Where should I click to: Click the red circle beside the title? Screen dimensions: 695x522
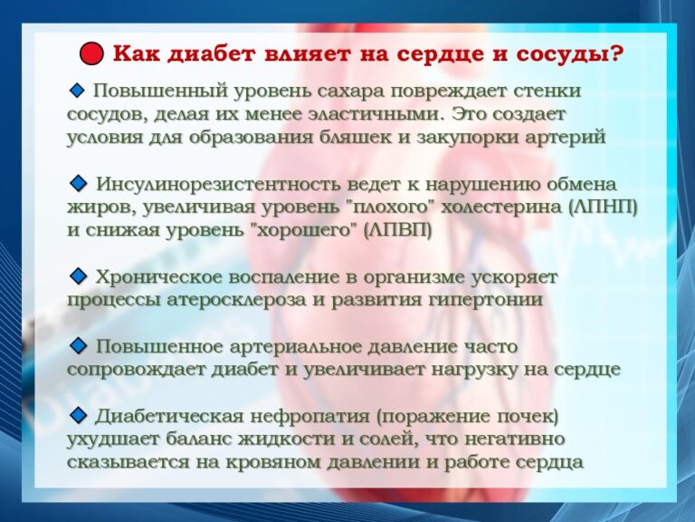tap(91, 53)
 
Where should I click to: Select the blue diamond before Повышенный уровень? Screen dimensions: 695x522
tap(77, 91)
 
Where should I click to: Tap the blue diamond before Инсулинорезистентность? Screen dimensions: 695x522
tap(78, 184)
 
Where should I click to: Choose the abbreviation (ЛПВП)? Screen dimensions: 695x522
tap(397, 230)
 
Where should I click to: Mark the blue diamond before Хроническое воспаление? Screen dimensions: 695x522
tap(78, 276)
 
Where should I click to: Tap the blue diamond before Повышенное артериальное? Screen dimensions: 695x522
tap(78, 346)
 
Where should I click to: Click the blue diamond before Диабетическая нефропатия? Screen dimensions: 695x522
tap(78, 415)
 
